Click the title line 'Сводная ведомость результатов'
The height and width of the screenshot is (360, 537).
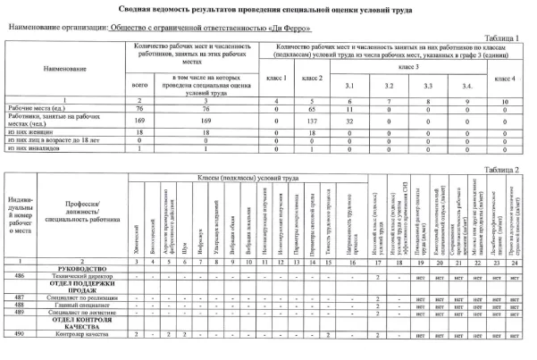tap(268, 8)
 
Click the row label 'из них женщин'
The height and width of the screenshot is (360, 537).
tap(32, 130)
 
